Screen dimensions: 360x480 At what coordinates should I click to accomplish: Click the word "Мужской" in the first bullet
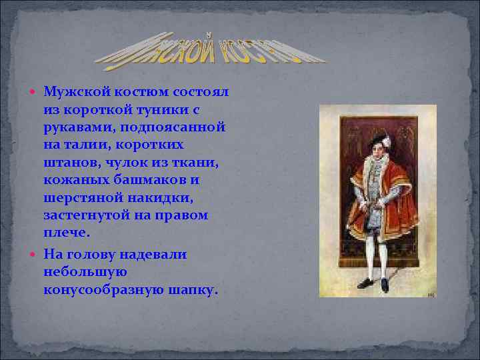[x=74, y=90]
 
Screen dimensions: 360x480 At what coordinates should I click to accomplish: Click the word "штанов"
[x=69, y=162]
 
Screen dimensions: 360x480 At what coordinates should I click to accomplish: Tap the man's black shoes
[x=373, y=284]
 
